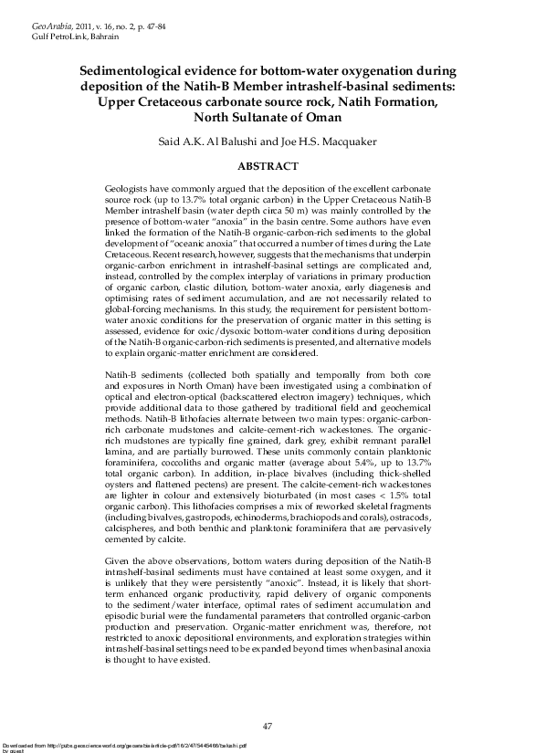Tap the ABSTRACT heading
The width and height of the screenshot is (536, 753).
tap(268, 166)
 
